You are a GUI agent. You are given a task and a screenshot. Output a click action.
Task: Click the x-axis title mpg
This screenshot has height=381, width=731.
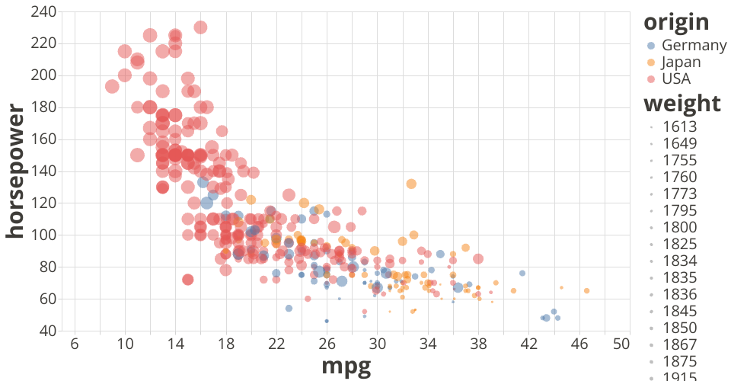click(346, 367)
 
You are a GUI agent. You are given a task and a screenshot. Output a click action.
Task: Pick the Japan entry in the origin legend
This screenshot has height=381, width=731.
click(681, 62)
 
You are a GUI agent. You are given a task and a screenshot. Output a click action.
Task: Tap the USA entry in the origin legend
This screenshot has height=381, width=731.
click(676, 78)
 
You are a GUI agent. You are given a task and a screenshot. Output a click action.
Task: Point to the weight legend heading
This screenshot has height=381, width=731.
click(682, 103)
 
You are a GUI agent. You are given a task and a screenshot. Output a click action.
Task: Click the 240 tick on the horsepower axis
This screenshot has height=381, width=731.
click(43, 12)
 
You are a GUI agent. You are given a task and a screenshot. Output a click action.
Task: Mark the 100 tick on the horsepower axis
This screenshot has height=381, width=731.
click(43, 235)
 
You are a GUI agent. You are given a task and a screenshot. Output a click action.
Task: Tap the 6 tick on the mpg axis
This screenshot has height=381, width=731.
click(75, 344)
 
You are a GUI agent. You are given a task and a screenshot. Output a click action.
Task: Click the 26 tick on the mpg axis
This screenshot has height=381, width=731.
click(327, 344)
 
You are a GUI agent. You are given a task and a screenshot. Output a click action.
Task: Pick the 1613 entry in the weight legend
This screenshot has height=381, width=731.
click(680, 126)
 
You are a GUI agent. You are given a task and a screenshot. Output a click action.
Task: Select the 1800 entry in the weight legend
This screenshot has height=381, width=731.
click(680, 227)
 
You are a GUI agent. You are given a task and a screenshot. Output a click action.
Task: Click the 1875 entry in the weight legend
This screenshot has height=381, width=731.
click(680, 361)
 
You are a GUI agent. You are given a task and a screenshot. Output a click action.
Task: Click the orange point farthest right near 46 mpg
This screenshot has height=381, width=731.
click(586, 290)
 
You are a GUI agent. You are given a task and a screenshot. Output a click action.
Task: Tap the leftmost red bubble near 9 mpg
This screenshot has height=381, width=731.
click(112, 86)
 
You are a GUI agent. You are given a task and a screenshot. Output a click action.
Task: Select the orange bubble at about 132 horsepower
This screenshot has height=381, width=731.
click(411, 184)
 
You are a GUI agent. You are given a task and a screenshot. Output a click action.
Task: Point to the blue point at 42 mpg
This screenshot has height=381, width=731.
click(522, 273)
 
